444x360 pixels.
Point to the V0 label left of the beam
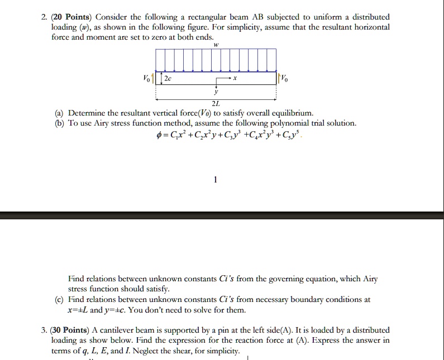click(146, 78)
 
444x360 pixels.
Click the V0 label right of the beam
click(285, 78)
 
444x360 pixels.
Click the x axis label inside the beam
click(235, 79)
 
